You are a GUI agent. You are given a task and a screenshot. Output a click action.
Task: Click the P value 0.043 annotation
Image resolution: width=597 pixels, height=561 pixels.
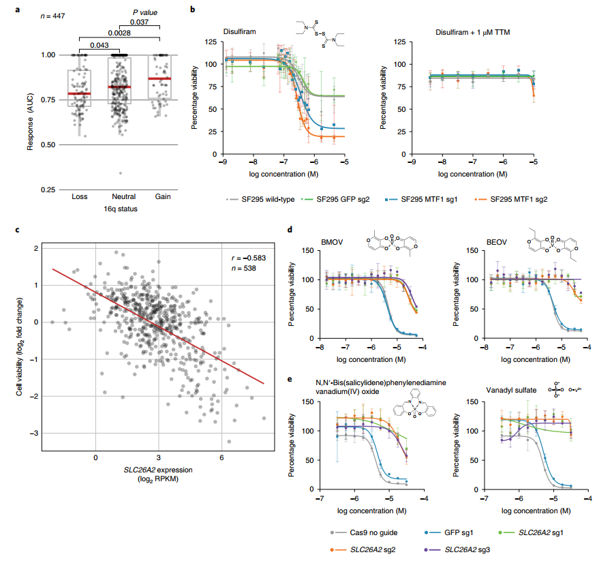click(x=99, y=45)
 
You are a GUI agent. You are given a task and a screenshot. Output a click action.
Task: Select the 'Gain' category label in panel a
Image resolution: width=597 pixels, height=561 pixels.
click(x=162, y=197)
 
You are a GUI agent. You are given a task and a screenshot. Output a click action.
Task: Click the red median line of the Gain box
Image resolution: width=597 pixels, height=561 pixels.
click(x=162, y=79)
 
